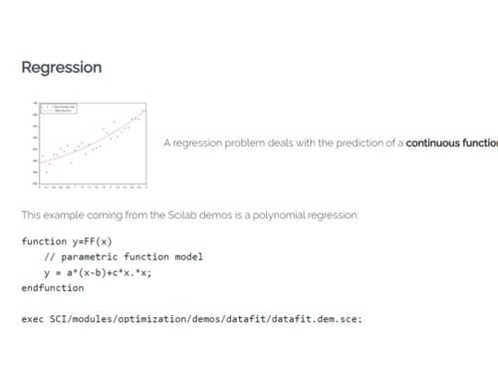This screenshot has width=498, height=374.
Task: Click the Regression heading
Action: click(x=62, y=68)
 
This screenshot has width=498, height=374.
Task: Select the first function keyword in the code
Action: click(x=42, y=241)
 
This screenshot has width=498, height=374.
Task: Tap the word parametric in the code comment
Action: click(x=89, y=257)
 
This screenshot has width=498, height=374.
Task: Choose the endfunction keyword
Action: click(x=53, y=287)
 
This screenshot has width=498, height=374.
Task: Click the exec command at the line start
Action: click(x=32, y=318)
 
